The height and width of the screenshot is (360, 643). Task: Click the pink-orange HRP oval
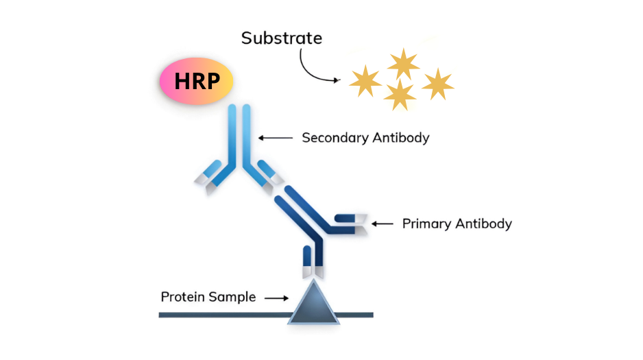(x=196, y=81)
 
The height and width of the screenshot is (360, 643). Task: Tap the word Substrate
(x=281, y=38)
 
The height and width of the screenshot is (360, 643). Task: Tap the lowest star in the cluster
(x=400, y=94)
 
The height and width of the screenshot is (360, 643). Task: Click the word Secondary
(x=334, y=137)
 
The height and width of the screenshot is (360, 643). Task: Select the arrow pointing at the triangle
(x=277, y=298)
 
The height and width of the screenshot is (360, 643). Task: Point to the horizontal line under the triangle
(x=206, y=315)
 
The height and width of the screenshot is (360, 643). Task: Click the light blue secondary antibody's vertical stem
(x=239, y=134)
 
